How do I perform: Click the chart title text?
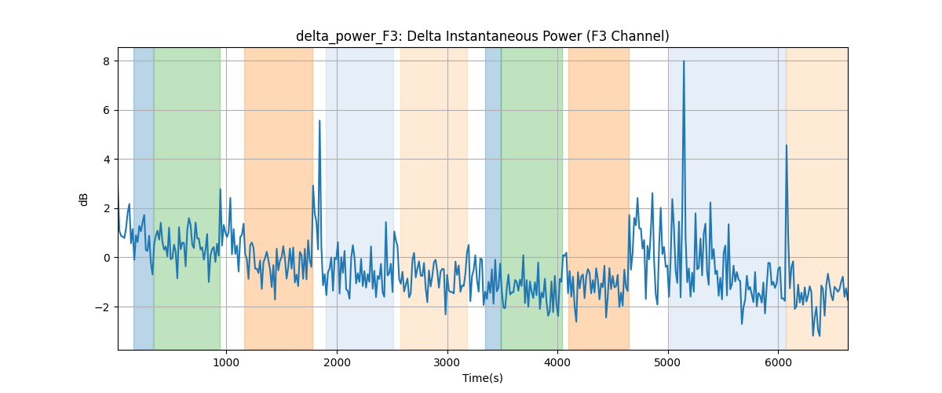pos(482,36)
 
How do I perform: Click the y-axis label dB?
pos(83,200)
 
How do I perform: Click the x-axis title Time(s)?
pos(482,378)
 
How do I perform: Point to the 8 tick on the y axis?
pos(106,61)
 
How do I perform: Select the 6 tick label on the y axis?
pos(106,110)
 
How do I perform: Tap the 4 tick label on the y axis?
pos(106,160)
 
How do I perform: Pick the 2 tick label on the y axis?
pos(106,208)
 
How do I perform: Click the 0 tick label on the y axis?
pos(106,258)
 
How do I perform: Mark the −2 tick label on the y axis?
pos(102,307)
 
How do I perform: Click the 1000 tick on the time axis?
pos(226,362)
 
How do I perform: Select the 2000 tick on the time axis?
pos(337,362)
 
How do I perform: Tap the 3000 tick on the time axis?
pos(447,362)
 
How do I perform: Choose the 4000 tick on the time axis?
pos(557,362)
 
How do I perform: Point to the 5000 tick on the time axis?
pos(668,362)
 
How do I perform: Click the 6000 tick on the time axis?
pos(779,362)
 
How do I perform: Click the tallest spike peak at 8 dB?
pos(684,61)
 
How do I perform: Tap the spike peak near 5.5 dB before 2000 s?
pos(319,121)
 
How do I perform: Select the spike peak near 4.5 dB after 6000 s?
pos(787,145)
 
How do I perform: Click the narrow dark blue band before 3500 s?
pos(493,198)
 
